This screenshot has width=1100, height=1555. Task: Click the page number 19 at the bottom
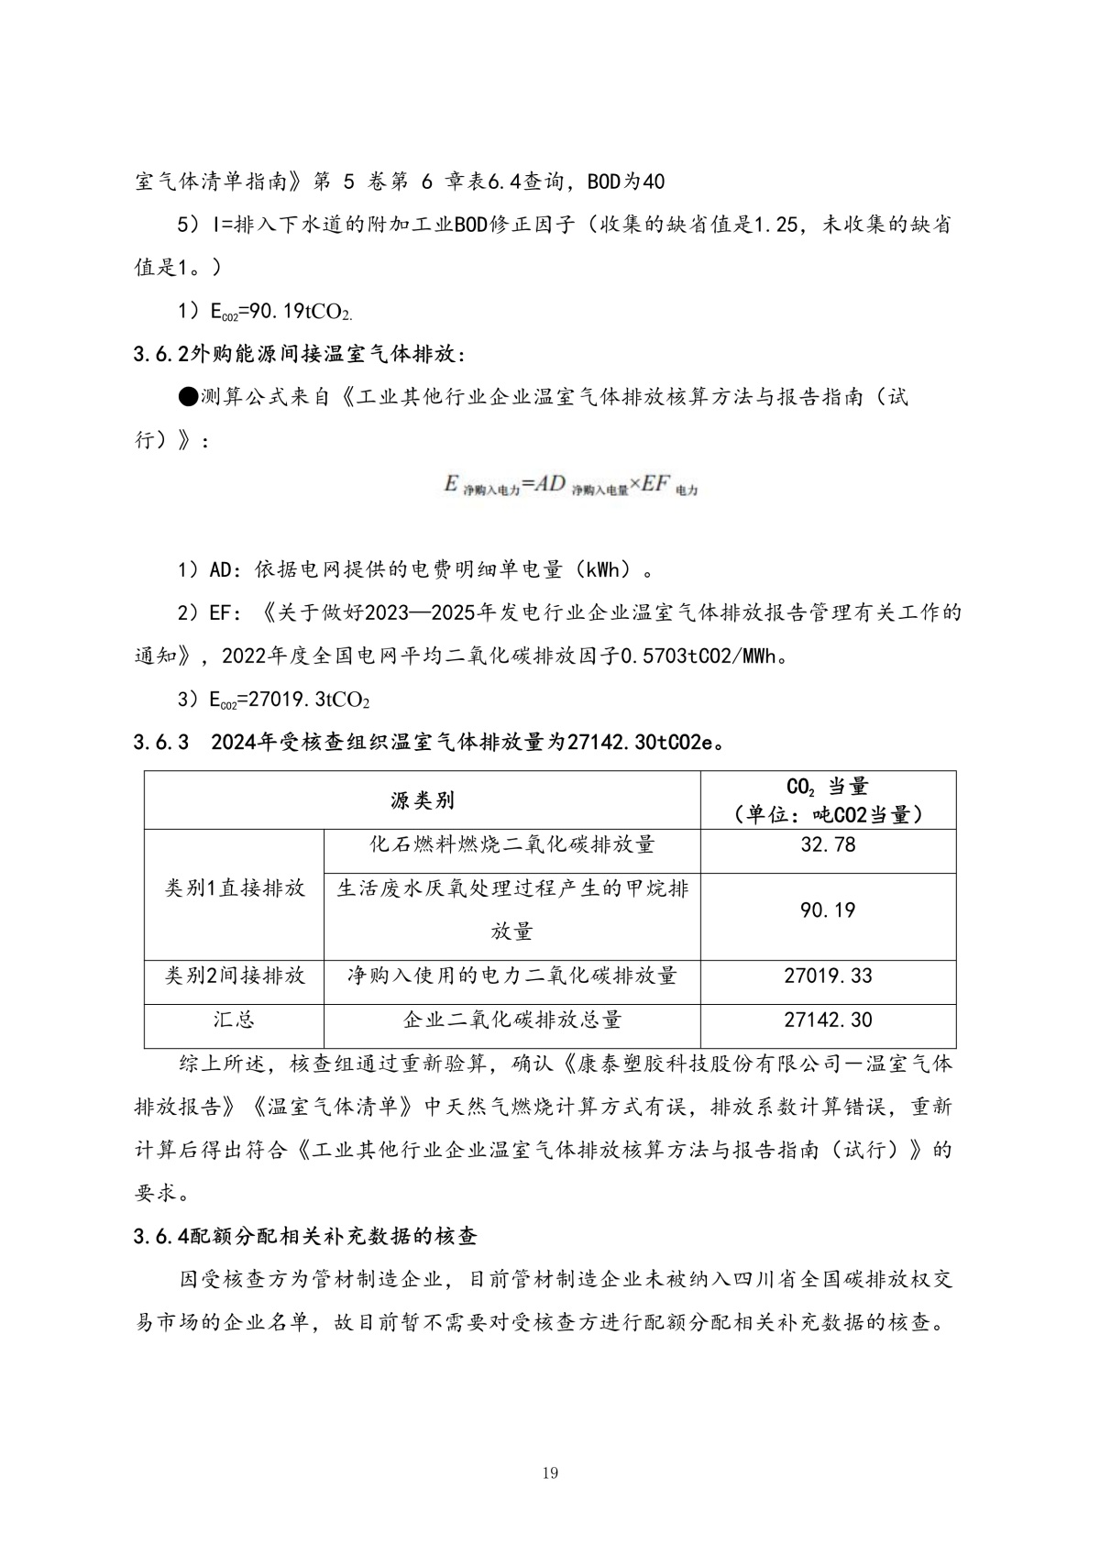tap(550, 1473)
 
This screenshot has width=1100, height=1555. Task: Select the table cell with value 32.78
tap(828, 844)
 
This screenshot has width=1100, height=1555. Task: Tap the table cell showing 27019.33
tap(828, 976)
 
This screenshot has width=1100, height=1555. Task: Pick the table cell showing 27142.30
tap(828, 1020)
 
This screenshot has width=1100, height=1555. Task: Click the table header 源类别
tap(422, 800)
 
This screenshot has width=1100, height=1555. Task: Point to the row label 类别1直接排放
tap(234, 888)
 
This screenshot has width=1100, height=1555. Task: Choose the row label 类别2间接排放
tap(234, 976)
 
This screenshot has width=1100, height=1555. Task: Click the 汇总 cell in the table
tap(234, 1020)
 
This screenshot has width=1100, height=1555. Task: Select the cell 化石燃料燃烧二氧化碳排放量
tap(511, 844)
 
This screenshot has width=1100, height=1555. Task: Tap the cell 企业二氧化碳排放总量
tap(511, 1020)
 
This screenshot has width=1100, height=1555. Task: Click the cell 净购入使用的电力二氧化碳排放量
tap(511, 976)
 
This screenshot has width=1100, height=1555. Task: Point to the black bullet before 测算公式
tap(188, 397)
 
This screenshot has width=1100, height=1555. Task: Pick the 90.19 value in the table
tap(828, 910)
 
